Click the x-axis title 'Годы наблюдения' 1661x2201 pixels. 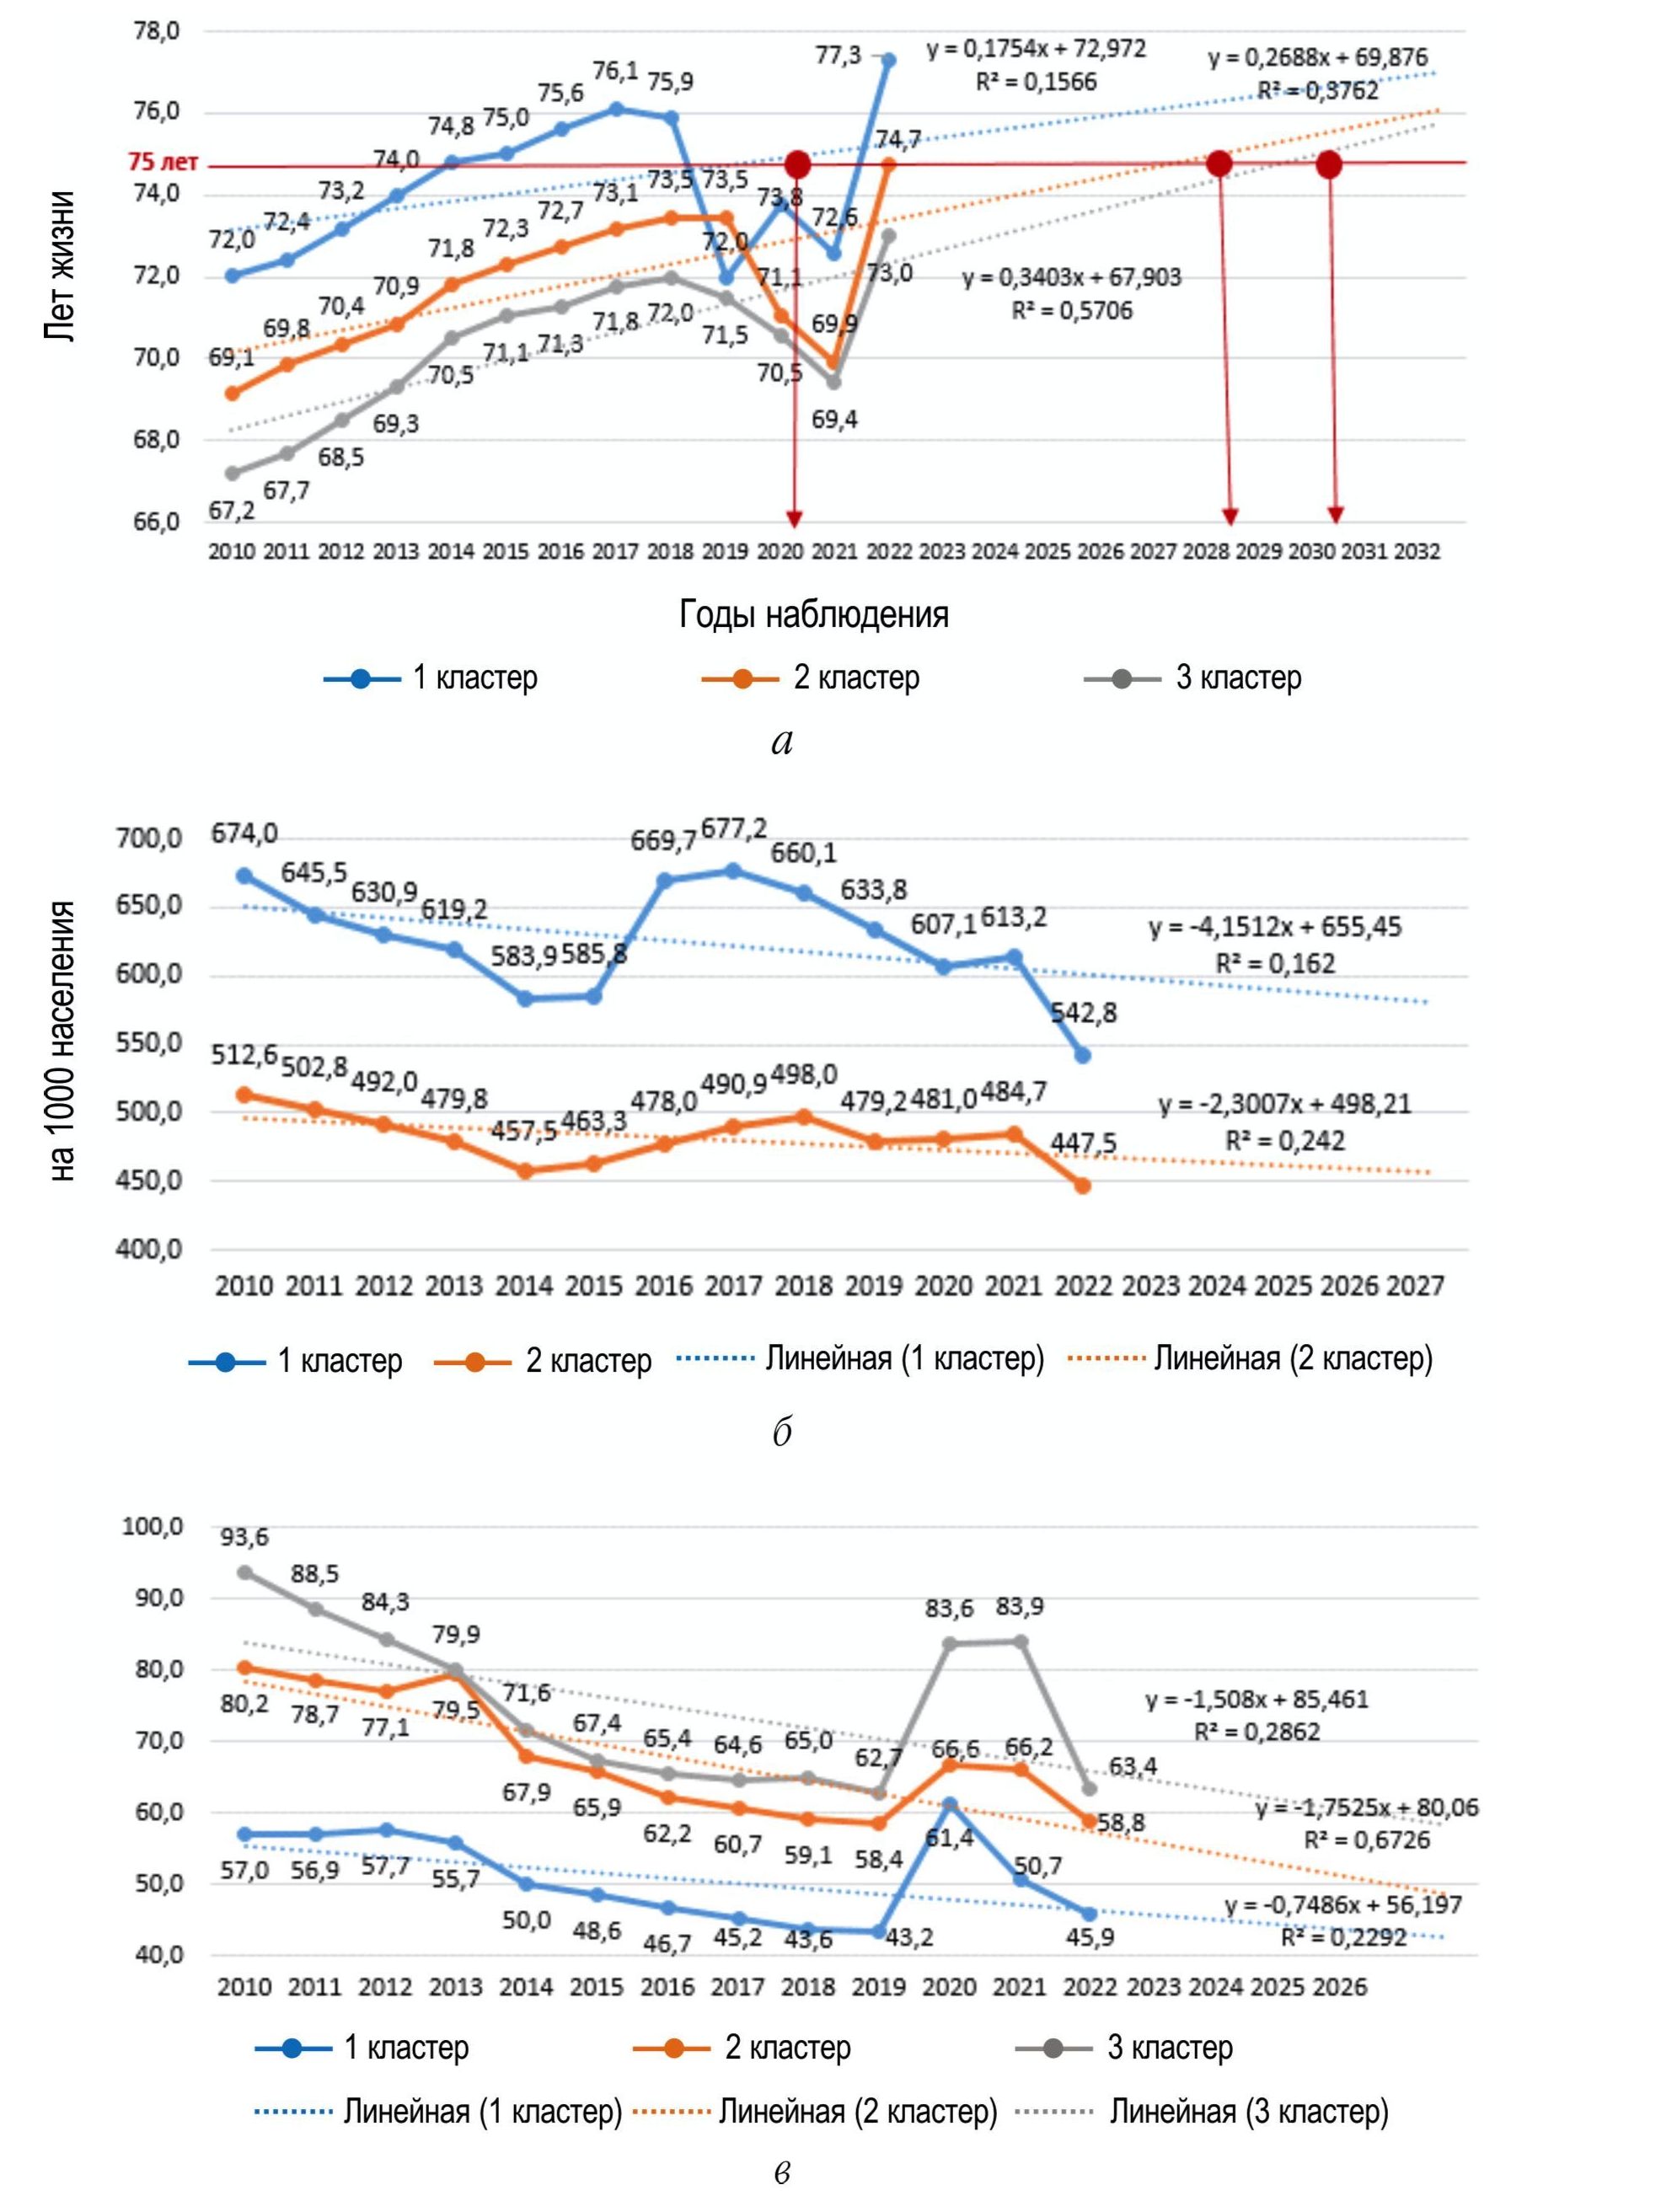(813, 614)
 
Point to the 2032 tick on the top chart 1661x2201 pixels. (1416, 551)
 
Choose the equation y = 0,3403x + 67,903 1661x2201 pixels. (1071, 276)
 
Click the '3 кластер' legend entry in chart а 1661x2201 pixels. (1192, 677)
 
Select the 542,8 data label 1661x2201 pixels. (1084, 1013)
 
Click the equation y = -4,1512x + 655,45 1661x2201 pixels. (1275, 928)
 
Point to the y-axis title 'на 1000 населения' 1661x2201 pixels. (62, 1041)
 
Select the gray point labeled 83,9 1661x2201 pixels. (1020, 1641)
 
